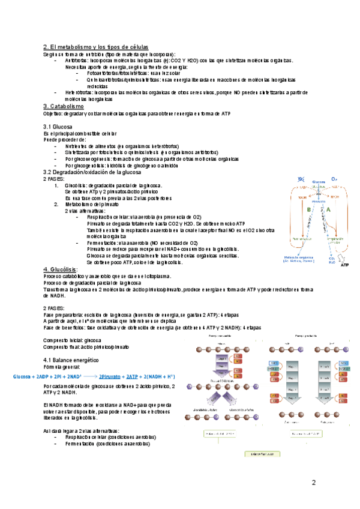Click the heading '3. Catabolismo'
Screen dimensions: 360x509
[x=64, y=106]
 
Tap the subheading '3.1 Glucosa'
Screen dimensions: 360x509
[x=58, y=127]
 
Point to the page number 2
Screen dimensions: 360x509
[x=313, y=483]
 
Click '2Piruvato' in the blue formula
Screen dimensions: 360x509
[x=112, y=376]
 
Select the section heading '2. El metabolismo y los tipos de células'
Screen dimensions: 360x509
[x=96, y=47]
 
